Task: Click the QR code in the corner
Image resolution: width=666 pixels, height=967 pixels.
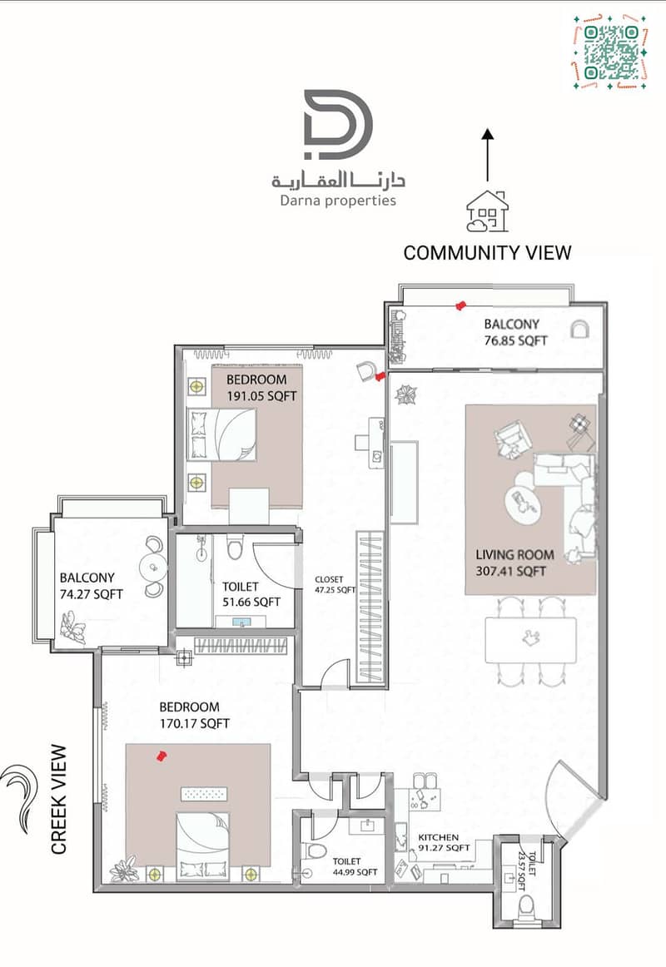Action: (x=609, y=52)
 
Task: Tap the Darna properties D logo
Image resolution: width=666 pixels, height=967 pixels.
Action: (x=338, y=124)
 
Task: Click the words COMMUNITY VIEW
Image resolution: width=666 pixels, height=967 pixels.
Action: (x=487, y=253)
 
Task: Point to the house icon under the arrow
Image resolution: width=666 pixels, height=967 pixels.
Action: (x=487, y=211)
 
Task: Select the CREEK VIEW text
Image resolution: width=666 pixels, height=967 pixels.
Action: (x=58, y=799)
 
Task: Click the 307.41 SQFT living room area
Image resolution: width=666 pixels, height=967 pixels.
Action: (x=510, y=571)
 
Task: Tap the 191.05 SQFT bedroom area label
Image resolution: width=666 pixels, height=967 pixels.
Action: (x=261, y=396)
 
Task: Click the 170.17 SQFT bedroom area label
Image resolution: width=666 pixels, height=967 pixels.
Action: (x=194, y=723)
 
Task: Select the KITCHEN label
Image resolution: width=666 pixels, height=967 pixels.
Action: (x=439, y=837)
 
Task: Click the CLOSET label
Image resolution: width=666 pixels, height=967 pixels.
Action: (x=329, y=580)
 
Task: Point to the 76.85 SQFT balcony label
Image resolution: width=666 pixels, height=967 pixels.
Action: (x=515, y=340)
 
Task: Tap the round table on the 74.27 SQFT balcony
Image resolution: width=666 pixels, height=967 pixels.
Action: (x=152, y=566)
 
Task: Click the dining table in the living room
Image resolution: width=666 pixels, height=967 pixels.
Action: (x=530, y=640)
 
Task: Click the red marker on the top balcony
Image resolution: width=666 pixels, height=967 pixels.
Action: (x=460, y=305)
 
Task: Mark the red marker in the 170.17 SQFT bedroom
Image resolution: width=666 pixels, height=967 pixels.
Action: (x=162, y=755)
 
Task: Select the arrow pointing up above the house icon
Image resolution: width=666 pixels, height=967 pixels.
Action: (x=487, y=155)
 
